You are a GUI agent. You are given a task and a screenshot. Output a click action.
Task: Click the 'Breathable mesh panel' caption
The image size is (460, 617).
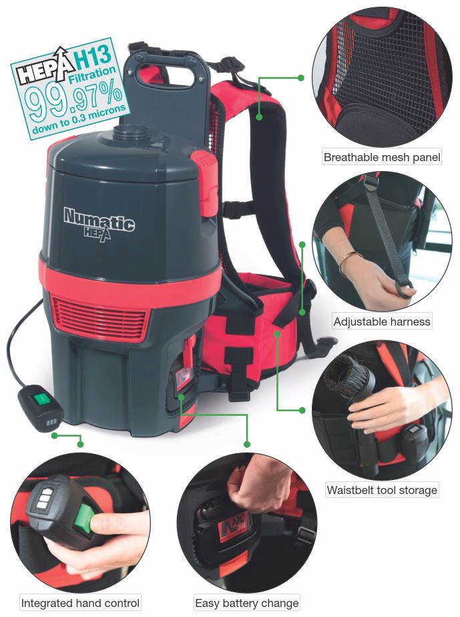tap(382, 158)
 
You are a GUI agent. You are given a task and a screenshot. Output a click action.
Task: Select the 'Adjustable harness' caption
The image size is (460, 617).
tap(382, 322)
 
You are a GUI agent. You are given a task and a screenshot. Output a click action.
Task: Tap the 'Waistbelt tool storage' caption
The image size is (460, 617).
tap(382, 490)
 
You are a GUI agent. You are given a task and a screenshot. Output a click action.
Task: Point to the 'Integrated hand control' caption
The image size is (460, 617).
tap(81, 603)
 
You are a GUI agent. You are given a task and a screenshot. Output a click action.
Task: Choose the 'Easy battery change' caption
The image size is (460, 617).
tap(247, 603)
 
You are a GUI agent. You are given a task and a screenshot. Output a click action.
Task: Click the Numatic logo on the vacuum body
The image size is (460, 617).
tap(99, 220)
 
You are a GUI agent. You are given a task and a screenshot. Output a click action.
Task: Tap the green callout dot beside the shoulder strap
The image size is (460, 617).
tap(301, 78)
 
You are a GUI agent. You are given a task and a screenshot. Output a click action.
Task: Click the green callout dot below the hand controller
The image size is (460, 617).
tap(80, 444)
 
